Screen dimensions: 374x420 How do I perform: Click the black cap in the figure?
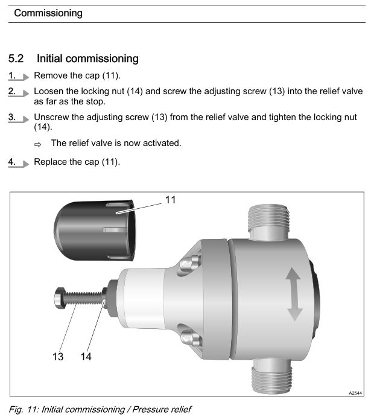[x=95, y=231]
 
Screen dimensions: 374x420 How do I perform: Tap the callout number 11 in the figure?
[x=171, y=200]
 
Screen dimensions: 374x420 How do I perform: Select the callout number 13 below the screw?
[x=58, y=357]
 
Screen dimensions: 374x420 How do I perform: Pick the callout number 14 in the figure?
[x=86, y=357]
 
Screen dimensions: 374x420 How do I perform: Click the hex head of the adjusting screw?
[x=60, y=298]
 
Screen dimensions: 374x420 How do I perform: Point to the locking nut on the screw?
[x=105, y=298]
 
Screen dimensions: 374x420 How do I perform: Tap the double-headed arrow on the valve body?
[x=294, y=294]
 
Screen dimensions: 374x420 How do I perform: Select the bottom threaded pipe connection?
[x=272, y=377]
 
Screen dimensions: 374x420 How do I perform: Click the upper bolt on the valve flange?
[x=191, y=263]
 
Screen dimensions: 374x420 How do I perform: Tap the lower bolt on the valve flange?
[x=191, y=339]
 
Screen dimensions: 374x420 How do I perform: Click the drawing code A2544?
[x=355, y=393]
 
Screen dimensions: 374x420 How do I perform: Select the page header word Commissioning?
[x=48, y=13]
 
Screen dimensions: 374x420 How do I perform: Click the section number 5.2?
[x=16, y=59]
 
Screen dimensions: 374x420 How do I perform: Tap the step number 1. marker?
[x=18, y=76]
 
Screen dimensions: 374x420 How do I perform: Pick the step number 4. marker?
[x=18, y=162]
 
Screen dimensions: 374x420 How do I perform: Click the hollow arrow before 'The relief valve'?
[x=38, y=145]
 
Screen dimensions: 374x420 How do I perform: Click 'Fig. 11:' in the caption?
[x=24, y=409]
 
